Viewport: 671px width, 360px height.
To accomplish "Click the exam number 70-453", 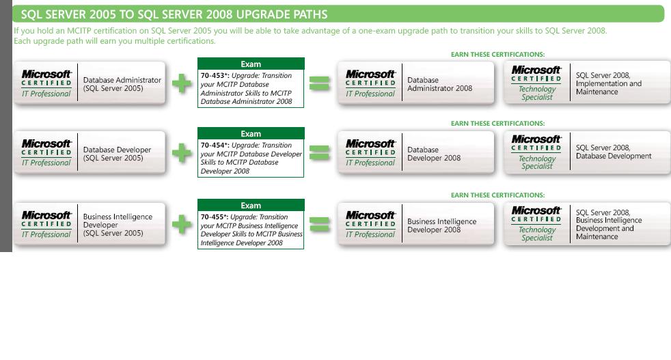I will pos(213,76).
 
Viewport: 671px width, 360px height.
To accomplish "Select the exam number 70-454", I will pos(213,146).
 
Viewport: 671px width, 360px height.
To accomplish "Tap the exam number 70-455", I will pos(213,217).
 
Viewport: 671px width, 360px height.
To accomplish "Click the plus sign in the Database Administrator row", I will pos(182,83).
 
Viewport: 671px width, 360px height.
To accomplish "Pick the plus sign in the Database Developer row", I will pos(182,153).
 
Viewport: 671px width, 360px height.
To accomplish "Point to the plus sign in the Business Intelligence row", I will pos(182,224).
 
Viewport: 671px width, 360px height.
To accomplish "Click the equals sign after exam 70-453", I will pos(320,83).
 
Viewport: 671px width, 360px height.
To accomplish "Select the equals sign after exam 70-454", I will pos(320,153).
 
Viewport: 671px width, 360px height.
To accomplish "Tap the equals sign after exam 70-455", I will pos(320,224).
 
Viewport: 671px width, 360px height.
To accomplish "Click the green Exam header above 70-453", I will pos(251,64).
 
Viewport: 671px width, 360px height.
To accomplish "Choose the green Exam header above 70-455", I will pos(251,206).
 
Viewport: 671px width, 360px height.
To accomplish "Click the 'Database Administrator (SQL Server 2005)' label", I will pos(122,84).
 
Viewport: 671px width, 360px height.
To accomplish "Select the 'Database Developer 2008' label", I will pos(434,154).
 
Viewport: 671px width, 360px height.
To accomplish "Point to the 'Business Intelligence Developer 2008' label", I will pos(441,225).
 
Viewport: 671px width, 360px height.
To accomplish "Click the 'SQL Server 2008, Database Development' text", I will pos(613,152).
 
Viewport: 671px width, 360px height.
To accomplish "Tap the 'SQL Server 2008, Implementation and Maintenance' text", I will pos(608,83).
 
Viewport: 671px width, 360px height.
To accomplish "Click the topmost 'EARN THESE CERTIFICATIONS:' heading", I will pos(497,55).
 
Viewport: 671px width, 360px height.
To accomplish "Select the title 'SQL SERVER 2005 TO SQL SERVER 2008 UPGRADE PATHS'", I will pos(174,14).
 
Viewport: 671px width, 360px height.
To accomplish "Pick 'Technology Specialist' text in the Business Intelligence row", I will pos(537,234).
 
